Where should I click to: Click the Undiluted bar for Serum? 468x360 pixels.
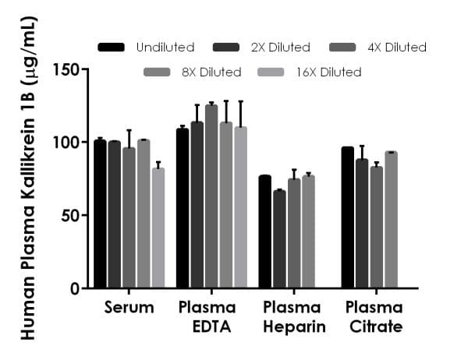click(100, 214)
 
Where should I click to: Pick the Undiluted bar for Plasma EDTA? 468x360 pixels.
click(183, 208)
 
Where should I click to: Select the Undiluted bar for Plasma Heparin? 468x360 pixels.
click(265, 232)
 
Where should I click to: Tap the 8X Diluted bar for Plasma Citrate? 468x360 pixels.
click(391, 220)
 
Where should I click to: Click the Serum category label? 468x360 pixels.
click(129, 308)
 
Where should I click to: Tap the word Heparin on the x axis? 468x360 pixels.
click(294, 326)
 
